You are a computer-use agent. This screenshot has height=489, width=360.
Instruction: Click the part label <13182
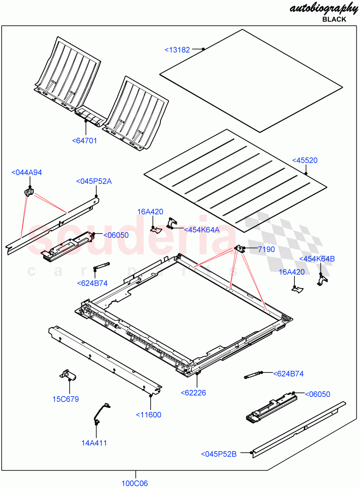click(177, 50)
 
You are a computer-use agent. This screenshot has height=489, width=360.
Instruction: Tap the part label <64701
click(85, 141)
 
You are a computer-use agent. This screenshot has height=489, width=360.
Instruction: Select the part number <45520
click(305, 161)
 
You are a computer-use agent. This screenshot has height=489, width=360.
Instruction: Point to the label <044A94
click(26, 173)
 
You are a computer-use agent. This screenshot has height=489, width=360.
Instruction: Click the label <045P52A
click(94, 181)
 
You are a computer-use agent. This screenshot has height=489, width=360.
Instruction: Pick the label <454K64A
click(202, 230)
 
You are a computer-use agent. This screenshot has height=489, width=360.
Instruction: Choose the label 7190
click(266, 249)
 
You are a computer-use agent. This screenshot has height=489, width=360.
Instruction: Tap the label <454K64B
click(317, 259)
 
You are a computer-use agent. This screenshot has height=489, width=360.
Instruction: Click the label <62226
click(193, 393)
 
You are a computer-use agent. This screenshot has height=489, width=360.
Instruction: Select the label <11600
click(149, 415)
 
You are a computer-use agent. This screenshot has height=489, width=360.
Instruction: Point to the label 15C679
click(66, 399)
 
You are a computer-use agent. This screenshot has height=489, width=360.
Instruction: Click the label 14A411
click(94, 443)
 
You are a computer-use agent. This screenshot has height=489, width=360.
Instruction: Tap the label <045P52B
click(219, 454)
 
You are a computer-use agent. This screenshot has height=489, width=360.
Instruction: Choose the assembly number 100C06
click(134, 484)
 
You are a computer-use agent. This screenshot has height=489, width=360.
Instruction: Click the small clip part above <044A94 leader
click(29, 192)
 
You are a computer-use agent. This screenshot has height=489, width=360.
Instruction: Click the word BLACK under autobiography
click(334, 19)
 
